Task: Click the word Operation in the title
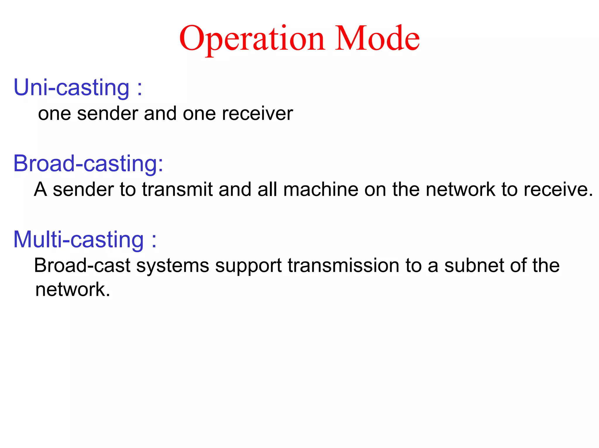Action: [252, 39]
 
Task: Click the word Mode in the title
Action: [377, 39]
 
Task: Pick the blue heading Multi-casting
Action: [78, 240]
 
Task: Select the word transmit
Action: [177, 189]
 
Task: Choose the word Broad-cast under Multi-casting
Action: [82, 265]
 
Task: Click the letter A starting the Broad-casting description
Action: [40, 189]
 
